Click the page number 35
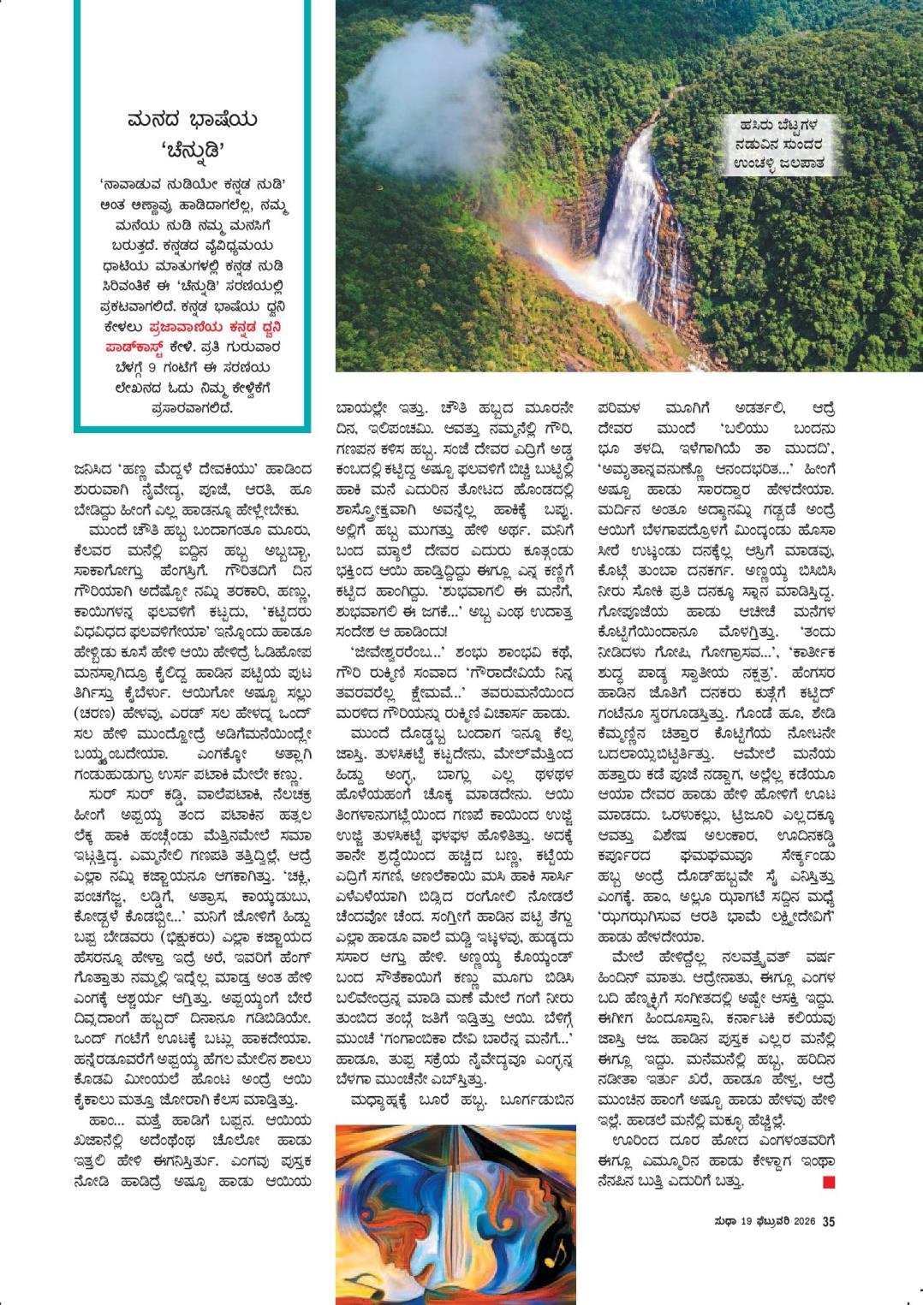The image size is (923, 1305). (828, 1221)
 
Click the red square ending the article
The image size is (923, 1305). (828, 1183)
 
